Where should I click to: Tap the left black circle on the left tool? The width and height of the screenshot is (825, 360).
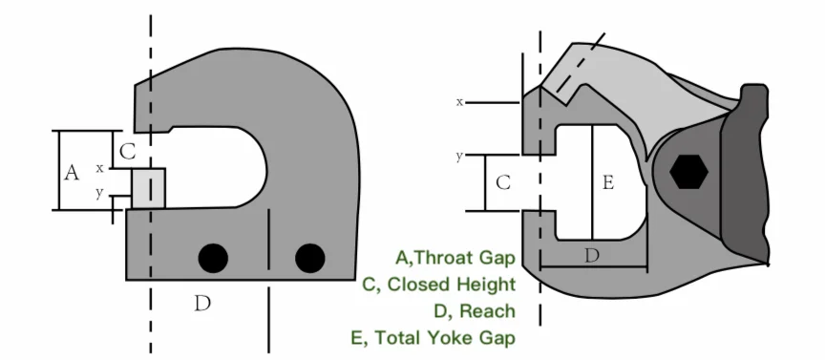tap(213, 257)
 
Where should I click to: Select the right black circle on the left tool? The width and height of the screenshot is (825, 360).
tap(309, 257)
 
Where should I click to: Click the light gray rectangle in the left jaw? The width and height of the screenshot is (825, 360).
tap(148, 188)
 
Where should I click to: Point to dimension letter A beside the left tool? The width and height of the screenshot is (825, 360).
tap(71, 173)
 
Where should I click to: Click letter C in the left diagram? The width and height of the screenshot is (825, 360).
tap(128, 150)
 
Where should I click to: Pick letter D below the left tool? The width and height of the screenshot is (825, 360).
tap(201, 304)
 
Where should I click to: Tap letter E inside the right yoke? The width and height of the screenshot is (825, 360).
tap(607, 182)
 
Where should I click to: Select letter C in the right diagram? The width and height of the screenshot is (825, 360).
tap(504, 181)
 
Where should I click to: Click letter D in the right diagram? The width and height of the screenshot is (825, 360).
tap(592, 255)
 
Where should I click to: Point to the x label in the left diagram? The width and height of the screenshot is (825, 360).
tap(99, 168)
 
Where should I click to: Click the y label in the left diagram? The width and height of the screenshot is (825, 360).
tap(99, 193)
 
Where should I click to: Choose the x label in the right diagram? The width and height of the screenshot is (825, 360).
tap(459, 101)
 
